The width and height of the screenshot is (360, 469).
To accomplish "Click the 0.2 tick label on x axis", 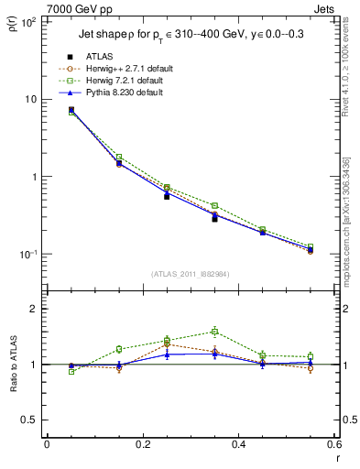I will click(142, 444).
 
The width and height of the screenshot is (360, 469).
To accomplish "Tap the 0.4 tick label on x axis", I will click(238, 444).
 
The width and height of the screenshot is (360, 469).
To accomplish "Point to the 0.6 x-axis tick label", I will click(333, 444).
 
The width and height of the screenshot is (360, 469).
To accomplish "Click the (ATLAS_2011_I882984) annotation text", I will click(190, 273).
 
